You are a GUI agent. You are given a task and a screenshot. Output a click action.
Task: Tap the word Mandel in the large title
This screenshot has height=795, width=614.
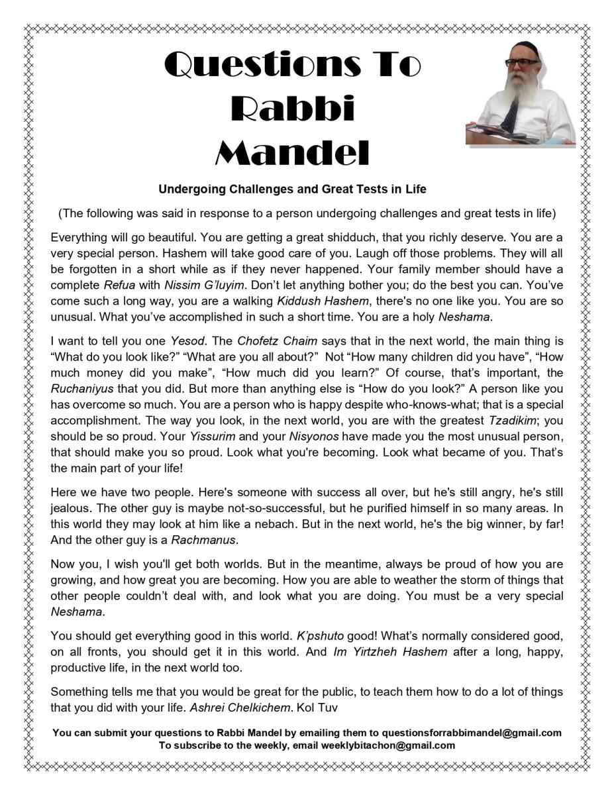pyautogui.click(x=292, y=152)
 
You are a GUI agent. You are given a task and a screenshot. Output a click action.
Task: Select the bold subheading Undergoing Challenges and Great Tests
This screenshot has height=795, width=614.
pyautogui.click(x=292, y=189)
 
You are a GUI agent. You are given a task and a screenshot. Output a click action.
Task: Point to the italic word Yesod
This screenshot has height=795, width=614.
pyautogui.click(x=187, y=342)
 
